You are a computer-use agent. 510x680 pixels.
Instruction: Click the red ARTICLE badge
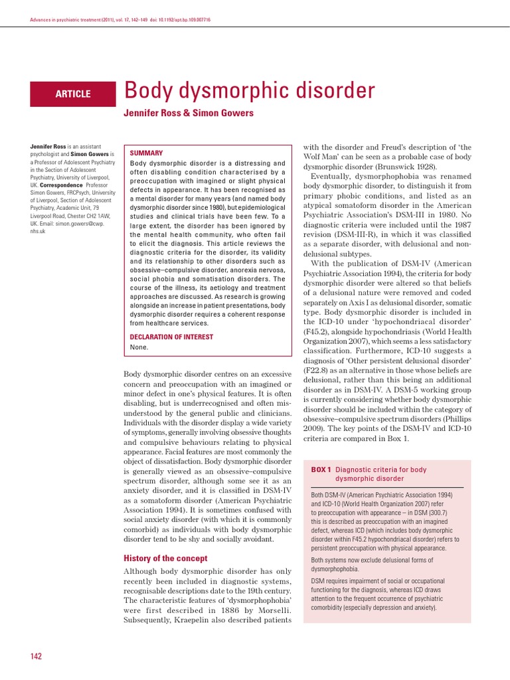(73, 94)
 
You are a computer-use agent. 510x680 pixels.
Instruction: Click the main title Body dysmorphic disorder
(250, 91)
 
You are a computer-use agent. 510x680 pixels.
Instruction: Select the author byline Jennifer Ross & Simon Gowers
(189, 114)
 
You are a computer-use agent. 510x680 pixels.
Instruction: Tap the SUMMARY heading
(146, 153)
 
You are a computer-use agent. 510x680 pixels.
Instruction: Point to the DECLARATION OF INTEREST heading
(171, 337)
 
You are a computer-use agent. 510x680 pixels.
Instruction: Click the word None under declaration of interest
(139, 347)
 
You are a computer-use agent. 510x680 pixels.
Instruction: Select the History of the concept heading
(165, 558)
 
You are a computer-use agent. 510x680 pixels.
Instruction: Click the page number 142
(36, 657)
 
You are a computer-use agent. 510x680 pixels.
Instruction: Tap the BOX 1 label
(321, 469)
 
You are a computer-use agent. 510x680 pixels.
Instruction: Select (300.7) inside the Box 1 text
(450, 513)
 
